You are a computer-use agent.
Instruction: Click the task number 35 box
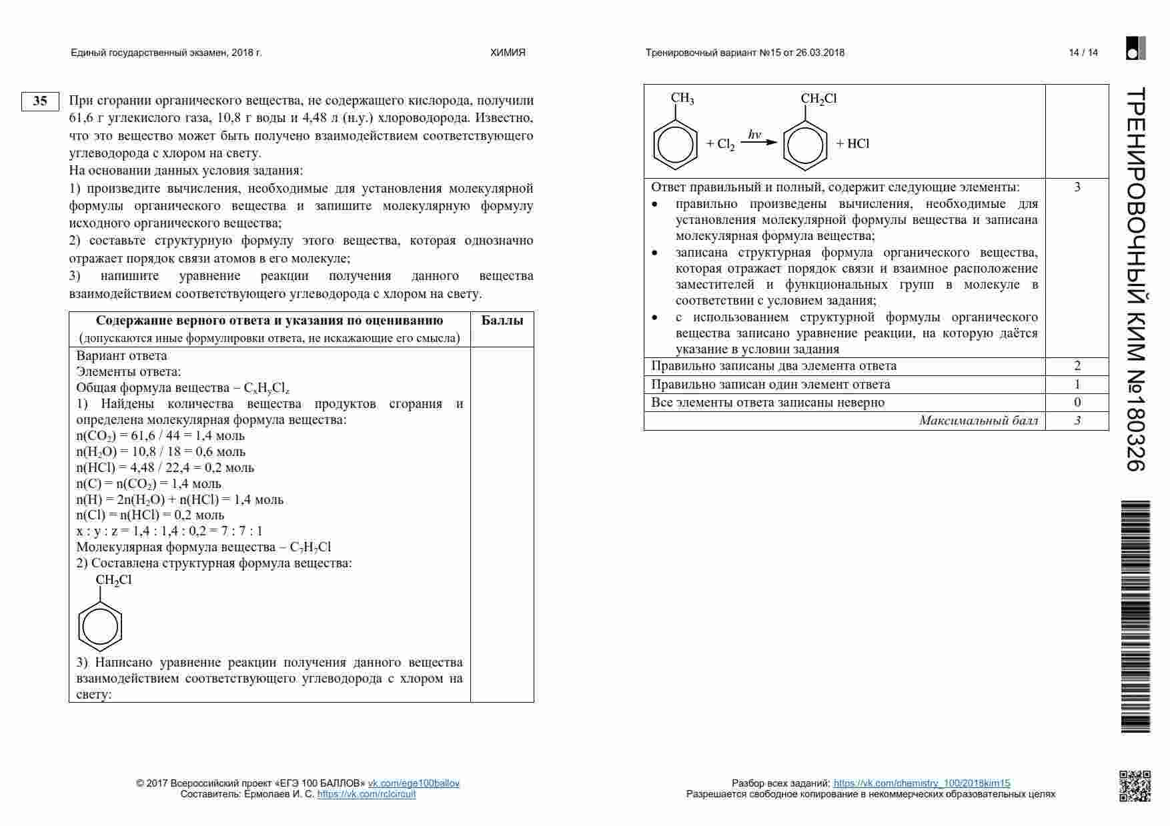click(40, 101)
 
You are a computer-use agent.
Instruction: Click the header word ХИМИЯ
click(508, 53)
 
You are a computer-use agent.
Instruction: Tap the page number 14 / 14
click(1083, 53)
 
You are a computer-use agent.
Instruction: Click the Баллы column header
click(502, 321)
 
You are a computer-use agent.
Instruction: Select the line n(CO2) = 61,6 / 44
click(161, 436)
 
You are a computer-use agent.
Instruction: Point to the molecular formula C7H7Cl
click(310, 547)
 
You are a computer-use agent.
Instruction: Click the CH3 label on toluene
click(682, 99)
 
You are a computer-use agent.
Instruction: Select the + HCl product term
click(852, 144)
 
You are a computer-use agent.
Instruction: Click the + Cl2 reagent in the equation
click(720, 144)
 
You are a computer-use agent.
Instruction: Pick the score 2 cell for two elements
click(1077, 366)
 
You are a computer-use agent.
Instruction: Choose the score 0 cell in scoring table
click(1077, 403)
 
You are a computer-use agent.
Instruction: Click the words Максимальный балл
click(978, 421)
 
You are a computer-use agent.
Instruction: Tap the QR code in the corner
click(1134, 785)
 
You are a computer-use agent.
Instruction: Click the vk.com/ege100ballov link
click(414, 783)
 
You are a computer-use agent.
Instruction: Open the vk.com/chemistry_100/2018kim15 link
click(921, 783)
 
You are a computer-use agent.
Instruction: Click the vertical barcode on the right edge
click(1135, 617)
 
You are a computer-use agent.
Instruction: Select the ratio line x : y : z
click(169, 531)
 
